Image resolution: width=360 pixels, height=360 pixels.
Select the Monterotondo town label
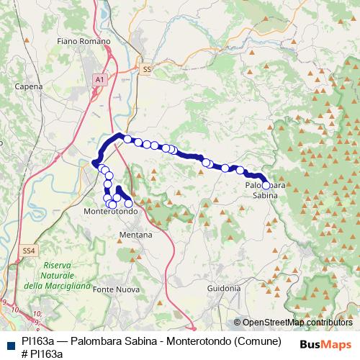click(x=111, y=212)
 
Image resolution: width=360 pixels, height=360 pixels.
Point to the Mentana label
click(x=135, y=235)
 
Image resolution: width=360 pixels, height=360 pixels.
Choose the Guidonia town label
click(x=223, y=288)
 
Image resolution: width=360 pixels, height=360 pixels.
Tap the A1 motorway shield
click(x=99, y=78)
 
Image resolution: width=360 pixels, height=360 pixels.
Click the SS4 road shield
click(x=28, y=250)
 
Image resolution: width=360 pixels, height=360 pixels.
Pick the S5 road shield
click(x=147, y=69)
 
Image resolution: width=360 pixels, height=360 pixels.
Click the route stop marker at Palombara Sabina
click(x=266, y=185)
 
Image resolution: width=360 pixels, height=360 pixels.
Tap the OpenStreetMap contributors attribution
click(x=293, y=323)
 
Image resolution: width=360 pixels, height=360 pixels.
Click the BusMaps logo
click(x=326, y=344)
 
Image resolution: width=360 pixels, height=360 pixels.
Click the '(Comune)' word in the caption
click(x=256, y=341)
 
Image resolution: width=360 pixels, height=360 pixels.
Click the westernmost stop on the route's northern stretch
click(x=127, y=139)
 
